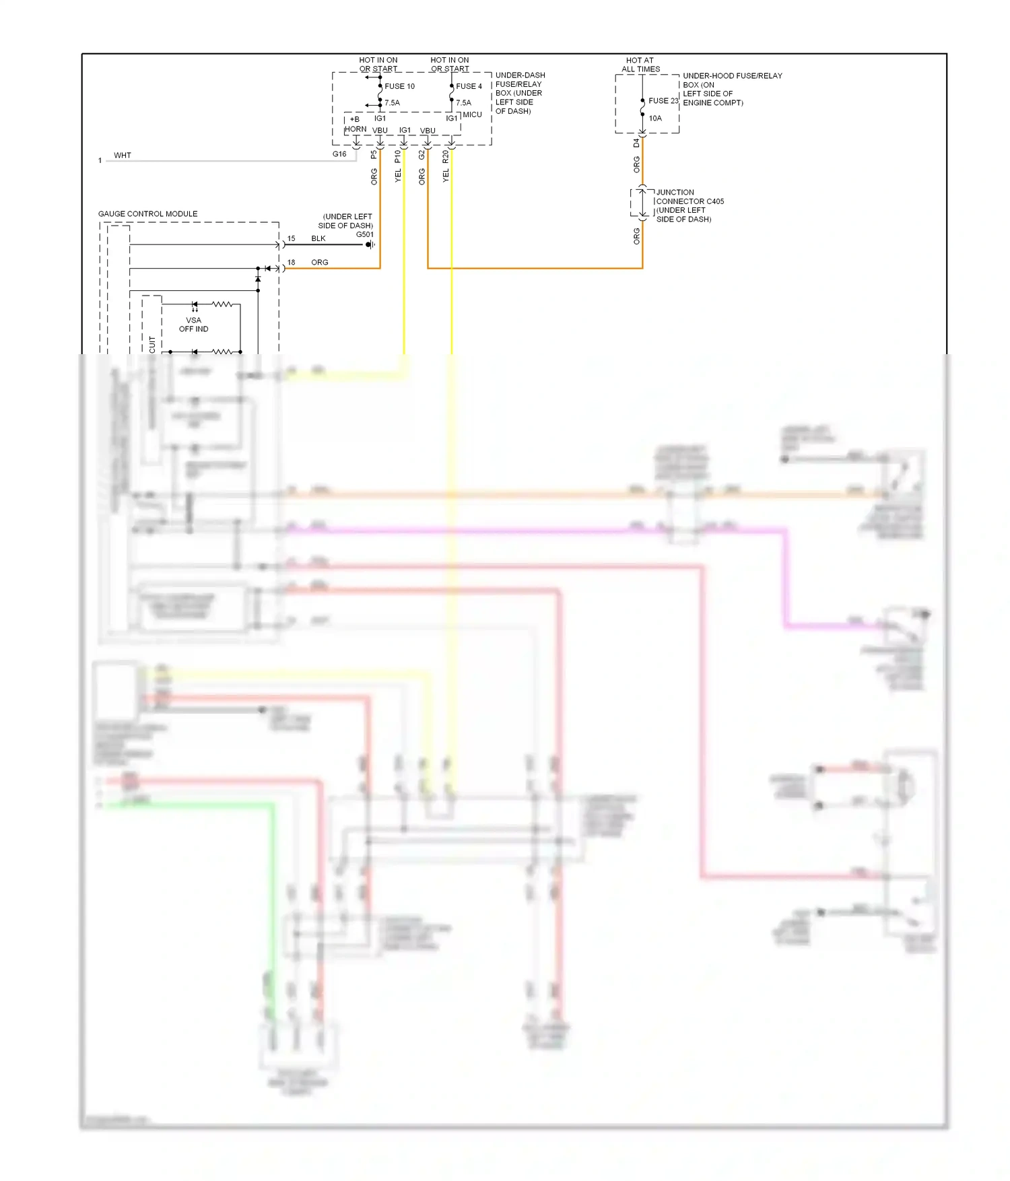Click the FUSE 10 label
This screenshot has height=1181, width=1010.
coord(399,86)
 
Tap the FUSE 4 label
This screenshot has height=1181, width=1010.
coord(469,86)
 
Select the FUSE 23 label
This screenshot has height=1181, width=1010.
coord(663,101)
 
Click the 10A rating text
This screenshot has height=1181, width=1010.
coord(655,119)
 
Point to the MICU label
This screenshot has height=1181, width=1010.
coord(472,114)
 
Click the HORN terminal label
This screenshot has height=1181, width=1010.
coord(356,129)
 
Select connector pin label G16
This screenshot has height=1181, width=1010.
coord(339,154)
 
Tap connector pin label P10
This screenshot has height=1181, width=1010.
coord(397,156)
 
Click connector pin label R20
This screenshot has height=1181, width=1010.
coord(445,157)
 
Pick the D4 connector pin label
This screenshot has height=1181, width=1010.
coord(636,143)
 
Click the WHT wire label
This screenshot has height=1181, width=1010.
coord(123,156)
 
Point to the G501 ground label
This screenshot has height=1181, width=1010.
coord(364,234)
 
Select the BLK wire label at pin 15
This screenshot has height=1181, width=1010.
coord(318,239)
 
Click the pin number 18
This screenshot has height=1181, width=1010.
coord(291,263)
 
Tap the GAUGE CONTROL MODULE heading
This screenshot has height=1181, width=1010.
coord(147,214)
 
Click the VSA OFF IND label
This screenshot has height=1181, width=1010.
coord(193,325)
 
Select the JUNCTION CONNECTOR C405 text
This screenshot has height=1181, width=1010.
coord(689,197)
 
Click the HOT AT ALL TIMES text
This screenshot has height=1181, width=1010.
coord(640,65)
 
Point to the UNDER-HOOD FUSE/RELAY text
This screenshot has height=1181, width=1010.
coord(732,76)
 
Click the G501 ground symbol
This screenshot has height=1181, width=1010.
coord(370,244)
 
